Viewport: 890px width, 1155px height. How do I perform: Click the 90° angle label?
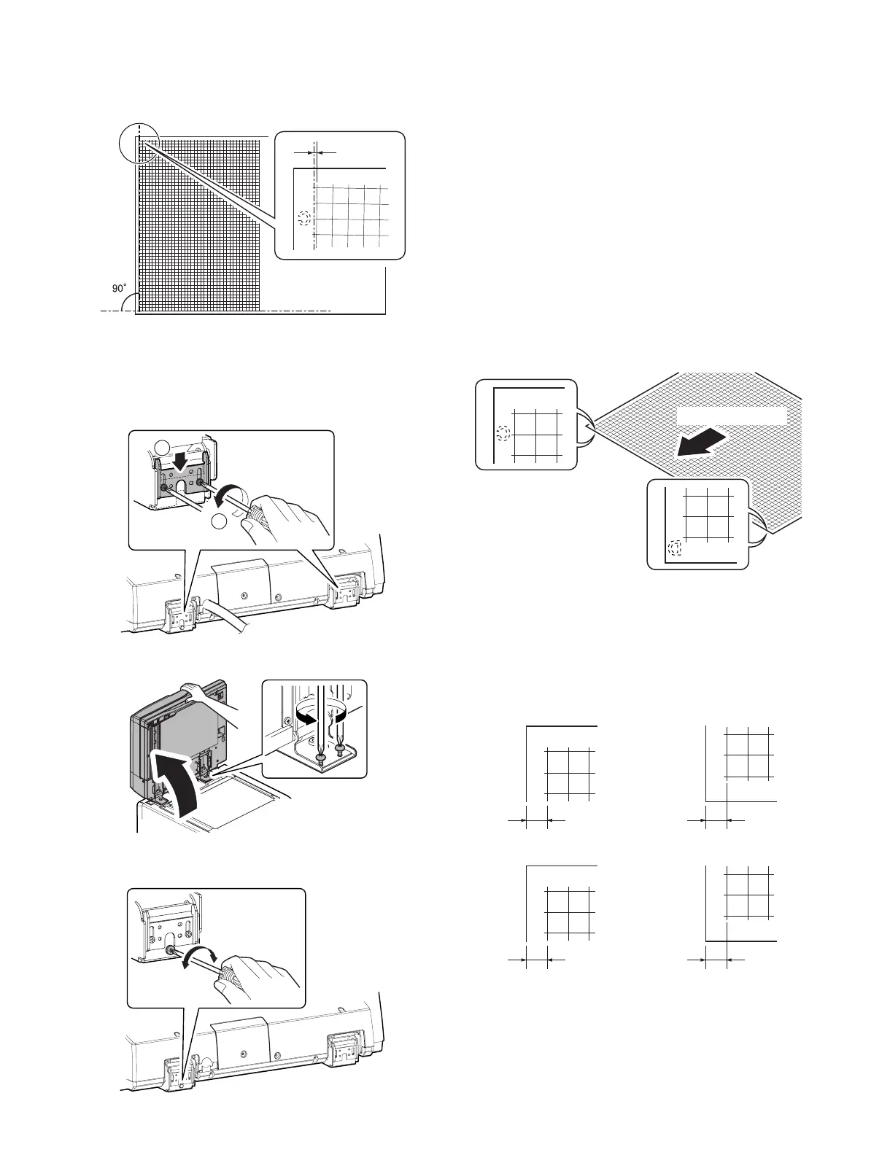[118, 289]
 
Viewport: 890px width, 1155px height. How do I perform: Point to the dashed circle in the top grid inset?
[305, 218]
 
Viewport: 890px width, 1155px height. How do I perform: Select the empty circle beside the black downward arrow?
[163, 447]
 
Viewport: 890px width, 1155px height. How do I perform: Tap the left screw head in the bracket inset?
[321, 758]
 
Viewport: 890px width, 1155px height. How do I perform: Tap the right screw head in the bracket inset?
[341, 747]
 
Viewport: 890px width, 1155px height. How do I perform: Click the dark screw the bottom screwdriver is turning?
[170, 951]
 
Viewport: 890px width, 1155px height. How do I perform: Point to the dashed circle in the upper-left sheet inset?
[503, 434]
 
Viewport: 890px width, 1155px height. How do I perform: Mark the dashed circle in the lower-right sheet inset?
[676, 548]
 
